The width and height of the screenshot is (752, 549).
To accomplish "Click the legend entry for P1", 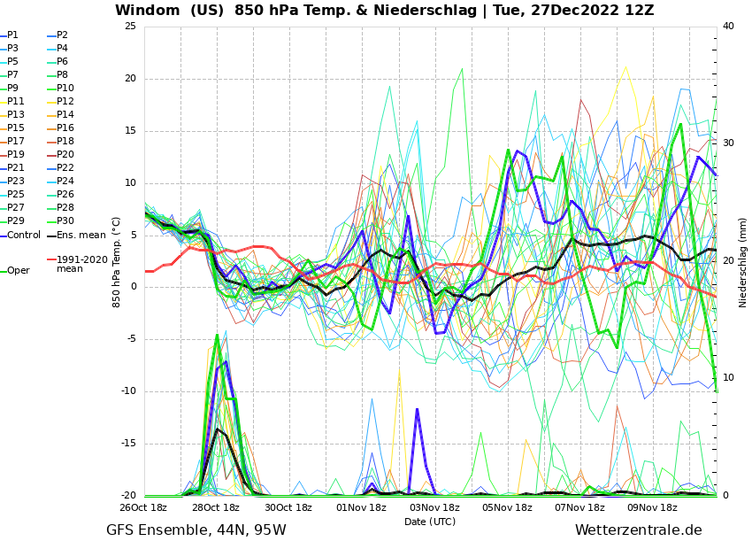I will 12,35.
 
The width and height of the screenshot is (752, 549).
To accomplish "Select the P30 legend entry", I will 65,221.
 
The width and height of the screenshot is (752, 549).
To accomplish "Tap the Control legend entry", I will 24,236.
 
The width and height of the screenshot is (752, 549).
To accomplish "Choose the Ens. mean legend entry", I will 81,236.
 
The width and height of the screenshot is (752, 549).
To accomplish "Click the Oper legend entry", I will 18,271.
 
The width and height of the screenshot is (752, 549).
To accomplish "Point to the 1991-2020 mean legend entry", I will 81,264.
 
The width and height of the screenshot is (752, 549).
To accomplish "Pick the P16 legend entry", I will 65,128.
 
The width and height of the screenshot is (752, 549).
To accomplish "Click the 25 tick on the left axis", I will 130,27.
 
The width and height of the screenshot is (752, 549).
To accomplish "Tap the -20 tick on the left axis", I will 128,496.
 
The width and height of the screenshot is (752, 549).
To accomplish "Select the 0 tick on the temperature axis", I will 133,287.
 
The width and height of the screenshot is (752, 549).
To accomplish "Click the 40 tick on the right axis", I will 728,27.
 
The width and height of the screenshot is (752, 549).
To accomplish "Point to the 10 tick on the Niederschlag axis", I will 728,378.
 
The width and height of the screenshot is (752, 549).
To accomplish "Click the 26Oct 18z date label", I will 143,508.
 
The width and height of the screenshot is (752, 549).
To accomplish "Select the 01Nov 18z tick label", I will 362,508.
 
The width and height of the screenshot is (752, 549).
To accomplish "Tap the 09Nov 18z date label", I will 652,508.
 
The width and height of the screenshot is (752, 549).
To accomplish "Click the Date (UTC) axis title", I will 430,522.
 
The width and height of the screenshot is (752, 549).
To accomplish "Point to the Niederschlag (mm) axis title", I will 743,262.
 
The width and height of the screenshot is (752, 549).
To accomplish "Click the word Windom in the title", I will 149,11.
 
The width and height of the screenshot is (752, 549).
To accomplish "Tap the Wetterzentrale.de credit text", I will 638,530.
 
